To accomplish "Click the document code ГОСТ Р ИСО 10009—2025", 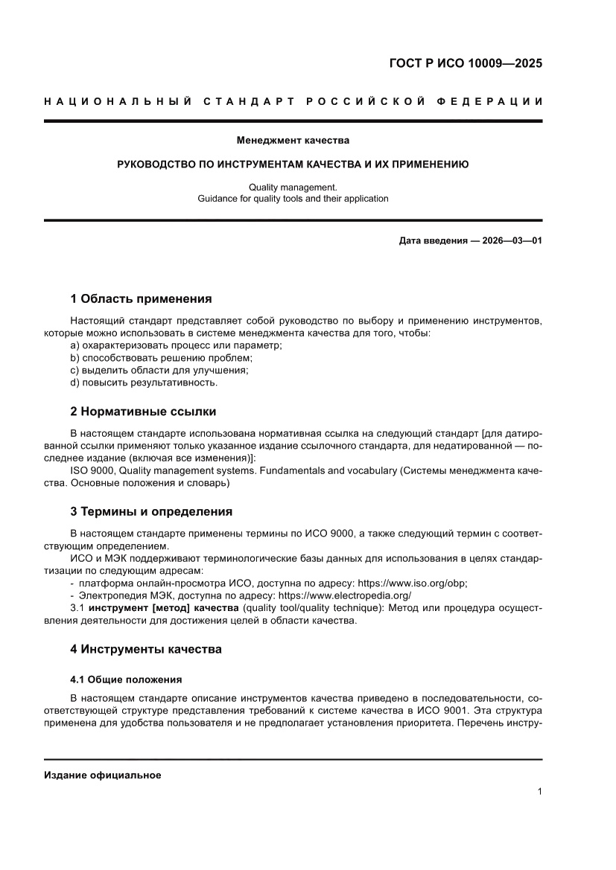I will pyautogui.click(x=466, y=63).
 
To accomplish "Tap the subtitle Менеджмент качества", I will pyautogui.click(x=293, y=139).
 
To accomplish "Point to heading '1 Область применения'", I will pyautogui.click(x=141, y=299).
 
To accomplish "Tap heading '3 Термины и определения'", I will pyautogui.click(x=151, y=512).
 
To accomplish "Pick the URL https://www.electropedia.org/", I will pyautogui.click(x=344, y=596).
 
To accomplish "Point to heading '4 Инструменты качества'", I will pyautogui.click(x=146, y=649).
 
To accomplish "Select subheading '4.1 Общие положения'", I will pyautogui.click(x=126, y=679).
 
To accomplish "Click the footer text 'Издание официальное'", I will pyautogui.click(x=103, y=775).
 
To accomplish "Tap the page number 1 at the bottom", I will pyautogui.click(x=539, y=792).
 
